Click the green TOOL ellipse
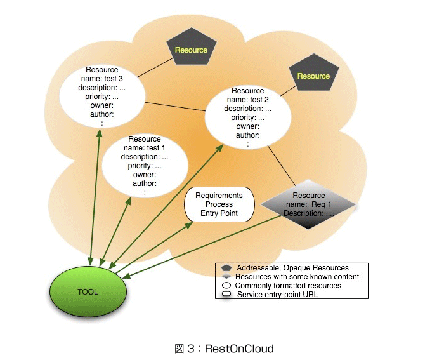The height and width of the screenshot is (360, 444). (x=88, y=291)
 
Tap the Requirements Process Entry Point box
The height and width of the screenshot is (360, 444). (x=219, y=204)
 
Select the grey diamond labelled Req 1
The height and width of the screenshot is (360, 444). (x=308, y=204)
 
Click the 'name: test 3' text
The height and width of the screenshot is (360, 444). (x=101, y=79)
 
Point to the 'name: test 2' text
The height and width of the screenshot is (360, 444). (x=247, y=100)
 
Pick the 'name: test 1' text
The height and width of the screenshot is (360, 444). (x=144, y=148)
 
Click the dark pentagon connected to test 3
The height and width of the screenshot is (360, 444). (x=192, y=46)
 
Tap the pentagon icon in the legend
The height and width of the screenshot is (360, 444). (x=226, y=268)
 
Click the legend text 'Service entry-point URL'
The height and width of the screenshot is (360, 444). (x=277, y=295)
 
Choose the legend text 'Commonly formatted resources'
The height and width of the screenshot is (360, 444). (x=288, y=286)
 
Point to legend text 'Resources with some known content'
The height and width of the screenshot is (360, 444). (x=297, y=277)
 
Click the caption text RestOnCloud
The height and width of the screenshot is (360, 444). (x=239, y=349)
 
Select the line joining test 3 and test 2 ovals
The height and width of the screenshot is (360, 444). (x=175, y=107)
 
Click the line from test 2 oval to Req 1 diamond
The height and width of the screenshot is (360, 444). (x=282, y=166)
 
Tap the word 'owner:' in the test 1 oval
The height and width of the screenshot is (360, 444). (x=145, y=175)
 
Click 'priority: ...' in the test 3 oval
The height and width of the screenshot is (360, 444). (x=101, y=97)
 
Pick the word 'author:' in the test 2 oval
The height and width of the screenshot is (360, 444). (x=248, y=135)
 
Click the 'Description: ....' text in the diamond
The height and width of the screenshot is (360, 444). (x=309, y=213)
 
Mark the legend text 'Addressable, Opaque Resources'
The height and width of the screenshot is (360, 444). (x=292, y=268)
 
